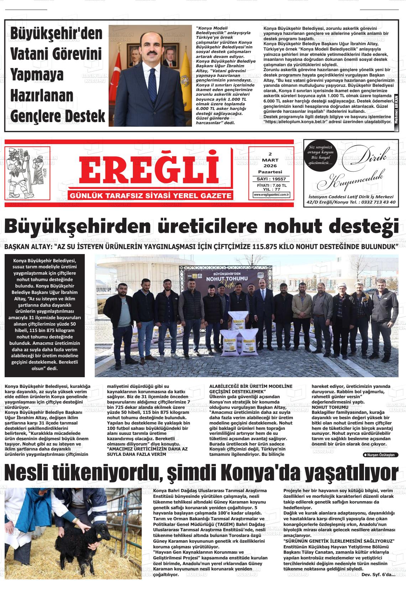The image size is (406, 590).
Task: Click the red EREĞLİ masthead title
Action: pos(149,170)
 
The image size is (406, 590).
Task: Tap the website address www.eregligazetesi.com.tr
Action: pos(271,195)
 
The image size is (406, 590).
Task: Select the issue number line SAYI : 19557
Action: pos(271,179)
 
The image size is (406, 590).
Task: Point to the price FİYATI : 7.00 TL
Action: pos(271,185)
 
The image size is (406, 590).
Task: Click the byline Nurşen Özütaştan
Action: pos(380,455)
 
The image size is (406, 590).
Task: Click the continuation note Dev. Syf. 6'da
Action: pos(378,575)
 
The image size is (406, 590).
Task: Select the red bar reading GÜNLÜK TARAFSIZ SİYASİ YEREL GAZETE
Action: pos(151,196)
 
